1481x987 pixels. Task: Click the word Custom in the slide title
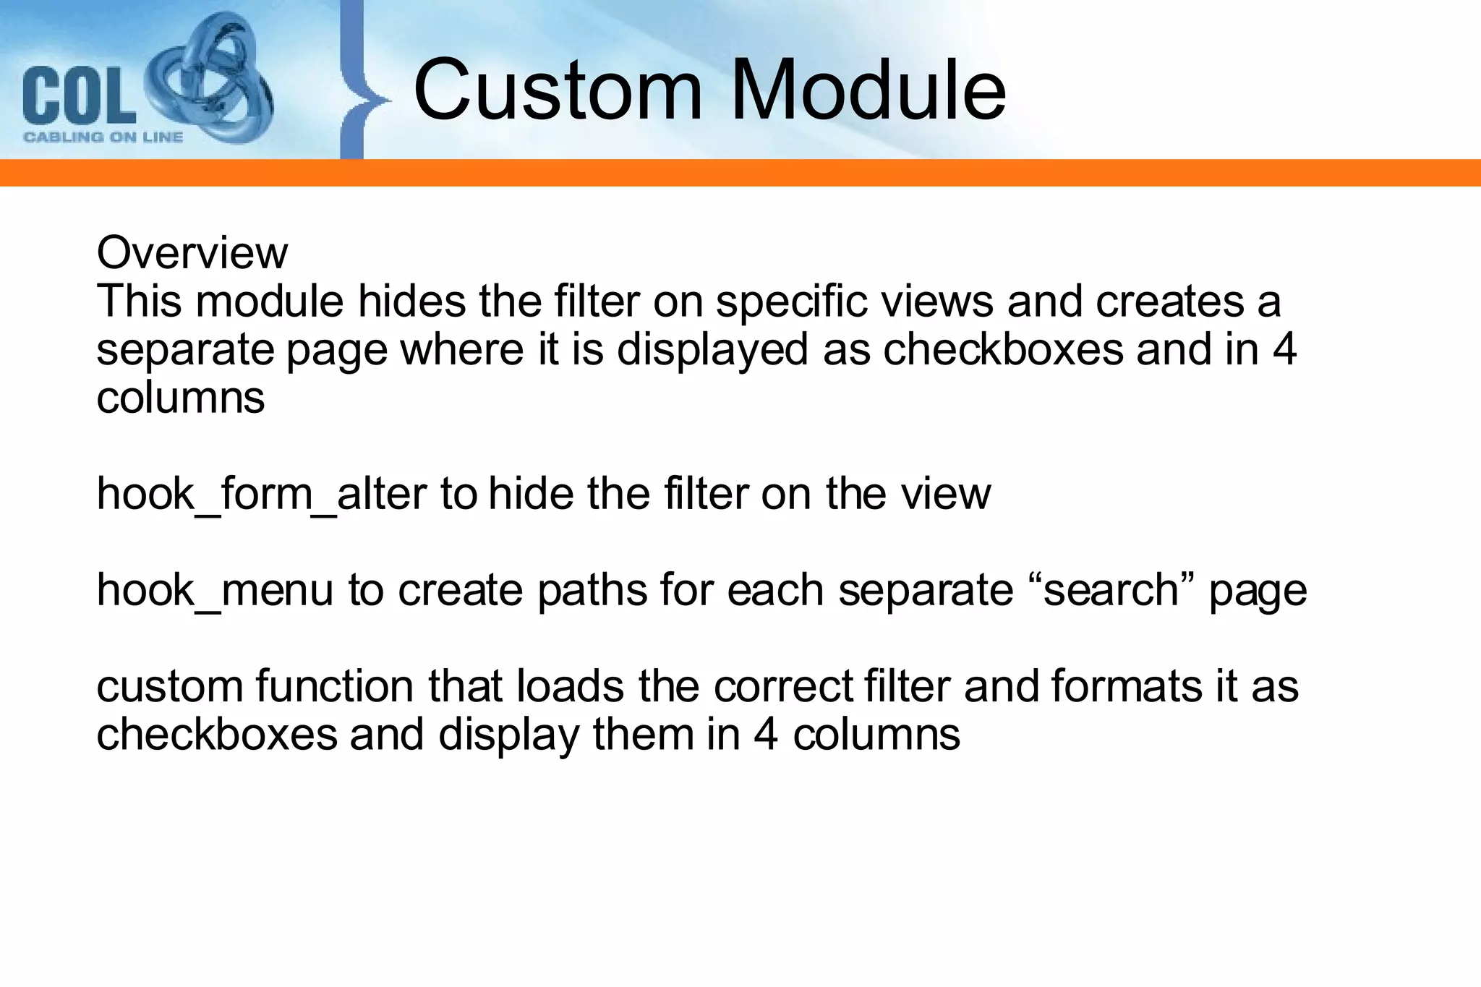point(558,90)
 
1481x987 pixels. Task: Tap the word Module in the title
point(868,90)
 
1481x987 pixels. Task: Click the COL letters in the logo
point(78,95)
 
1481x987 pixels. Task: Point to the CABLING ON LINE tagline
point(103,137)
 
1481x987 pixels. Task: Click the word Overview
point(192,253)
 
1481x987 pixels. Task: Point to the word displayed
point(712,350)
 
